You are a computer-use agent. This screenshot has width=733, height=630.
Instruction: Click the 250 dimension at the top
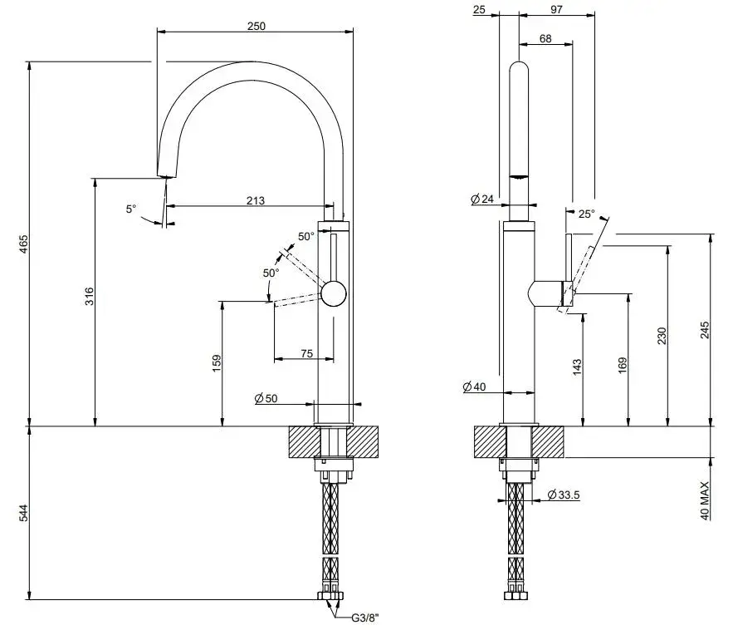[x=256, y=26]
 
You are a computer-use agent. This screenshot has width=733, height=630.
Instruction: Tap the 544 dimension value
[x=24, y=514]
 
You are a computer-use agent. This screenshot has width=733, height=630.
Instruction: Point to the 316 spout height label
[x=90, y=296]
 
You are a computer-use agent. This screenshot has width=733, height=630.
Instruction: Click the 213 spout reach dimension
[x=256, y=199]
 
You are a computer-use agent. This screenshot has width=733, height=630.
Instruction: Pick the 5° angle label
[x=131, y=209]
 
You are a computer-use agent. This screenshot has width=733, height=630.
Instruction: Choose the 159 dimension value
[x=217, y=362]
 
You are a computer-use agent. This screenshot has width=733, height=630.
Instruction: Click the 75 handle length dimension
[x=306, y=354]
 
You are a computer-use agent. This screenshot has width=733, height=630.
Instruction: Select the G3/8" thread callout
[x=364, y=617]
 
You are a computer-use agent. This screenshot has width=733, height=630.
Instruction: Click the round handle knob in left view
[x=334, y=294]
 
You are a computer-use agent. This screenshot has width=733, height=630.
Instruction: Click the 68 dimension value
[x=545, y=39]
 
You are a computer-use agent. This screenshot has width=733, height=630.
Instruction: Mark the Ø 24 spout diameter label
[x=481, y=199]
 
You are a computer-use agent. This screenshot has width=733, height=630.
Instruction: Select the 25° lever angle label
[x=587, y=214]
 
